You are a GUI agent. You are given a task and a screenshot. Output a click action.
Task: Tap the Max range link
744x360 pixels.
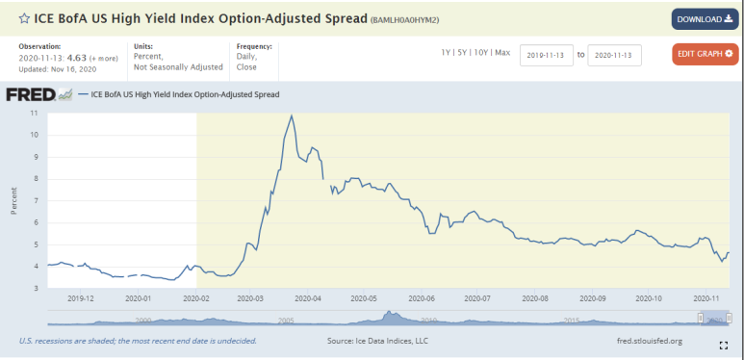[501, 53]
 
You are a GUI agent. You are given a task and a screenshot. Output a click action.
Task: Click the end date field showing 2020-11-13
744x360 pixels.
[614, 55]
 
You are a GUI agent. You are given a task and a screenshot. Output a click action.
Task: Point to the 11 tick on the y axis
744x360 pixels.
[35, 113]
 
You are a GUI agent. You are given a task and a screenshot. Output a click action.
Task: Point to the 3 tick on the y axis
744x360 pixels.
[36, 288]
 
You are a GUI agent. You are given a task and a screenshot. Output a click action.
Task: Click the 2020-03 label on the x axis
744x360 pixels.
[251, 298]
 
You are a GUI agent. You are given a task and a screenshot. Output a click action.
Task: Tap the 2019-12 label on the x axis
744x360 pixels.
[81, 298]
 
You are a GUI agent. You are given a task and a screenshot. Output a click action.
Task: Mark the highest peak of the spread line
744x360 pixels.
[292, 116]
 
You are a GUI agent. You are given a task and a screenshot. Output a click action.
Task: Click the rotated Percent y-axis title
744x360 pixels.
[13, 200]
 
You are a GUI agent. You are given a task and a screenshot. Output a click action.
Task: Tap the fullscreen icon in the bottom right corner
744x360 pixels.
[723, 345]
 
